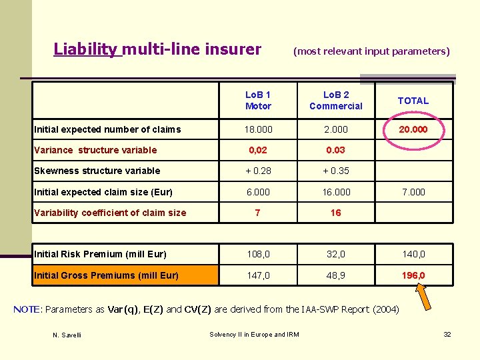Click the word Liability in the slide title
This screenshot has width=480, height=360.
pyautogui.click(x=85, y=49)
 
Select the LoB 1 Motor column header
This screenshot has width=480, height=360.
pyautogui.click(x=258, y=101)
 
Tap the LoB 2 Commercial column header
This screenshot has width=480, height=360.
pyautogui.click(x=336, y=101)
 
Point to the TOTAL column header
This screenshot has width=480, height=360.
pyautogui.click(x=413, y=101)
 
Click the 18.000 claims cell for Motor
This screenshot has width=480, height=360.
pyautogui.click(x=258, y=129)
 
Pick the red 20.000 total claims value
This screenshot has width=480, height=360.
pyautogui.click(x=413, y=129)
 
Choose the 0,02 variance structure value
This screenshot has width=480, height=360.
pyautogui.click(x=258, y=150)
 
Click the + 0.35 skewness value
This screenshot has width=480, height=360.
pyautogui.click(x=335, y=171)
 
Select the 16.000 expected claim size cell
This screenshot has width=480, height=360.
pyautogui.click(x=336, y=192)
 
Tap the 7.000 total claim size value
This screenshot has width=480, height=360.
pyautogui.click(x=413, y=192)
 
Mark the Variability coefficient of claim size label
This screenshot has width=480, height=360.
pyautogui.click(x=110, y=213)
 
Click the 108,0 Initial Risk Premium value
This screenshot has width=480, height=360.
pyautogui.click(x=258, y=254)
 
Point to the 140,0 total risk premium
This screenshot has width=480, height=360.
pyautogui.click(x=413, y=254)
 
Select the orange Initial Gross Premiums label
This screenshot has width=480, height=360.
pyautogui.click(x=106, y=275)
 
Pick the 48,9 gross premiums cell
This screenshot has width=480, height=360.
pyautogui.click(x=336, y=275)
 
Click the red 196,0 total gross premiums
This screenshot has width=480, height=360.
pyautogui.click(x=413, y=275)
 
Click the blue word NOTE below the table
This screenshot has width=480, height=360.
pyautogui.click(x=27, y=309)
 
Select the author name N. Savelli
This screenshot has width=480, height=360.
pyautogui.click(x=67, y=335)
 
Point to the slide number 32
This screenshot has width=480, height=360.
pyautogui.click(x=447, y=334)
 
